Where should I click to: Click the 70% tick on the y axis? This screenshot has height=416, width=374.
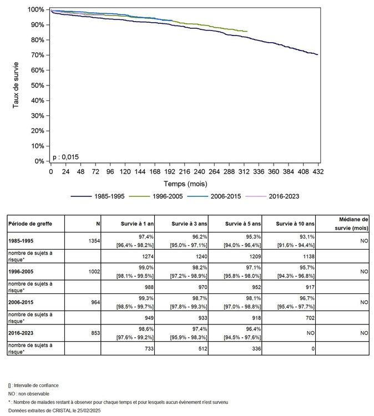click(x=36, y=55)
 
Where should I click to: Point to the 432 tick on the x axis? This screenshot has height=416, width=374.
click(x=317, y=171)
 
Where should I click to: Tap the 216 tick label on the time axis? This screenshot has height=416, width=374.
click(x=184, y=171)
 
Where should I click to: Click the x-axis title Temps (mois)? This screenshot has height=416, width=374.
click(x=184, y=183)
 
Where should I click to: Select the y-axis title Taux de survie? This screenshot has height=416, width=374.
click(x=16, y=85)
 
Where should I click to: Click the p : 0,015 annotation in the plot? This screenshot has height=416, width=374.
click(x=66, y=157)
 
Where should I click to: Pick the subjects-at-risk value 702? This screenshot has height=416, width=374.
click(x=309, y=318)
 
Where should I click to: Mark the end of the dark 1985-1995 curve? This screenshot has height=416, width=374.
click(x=317, y=54)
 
